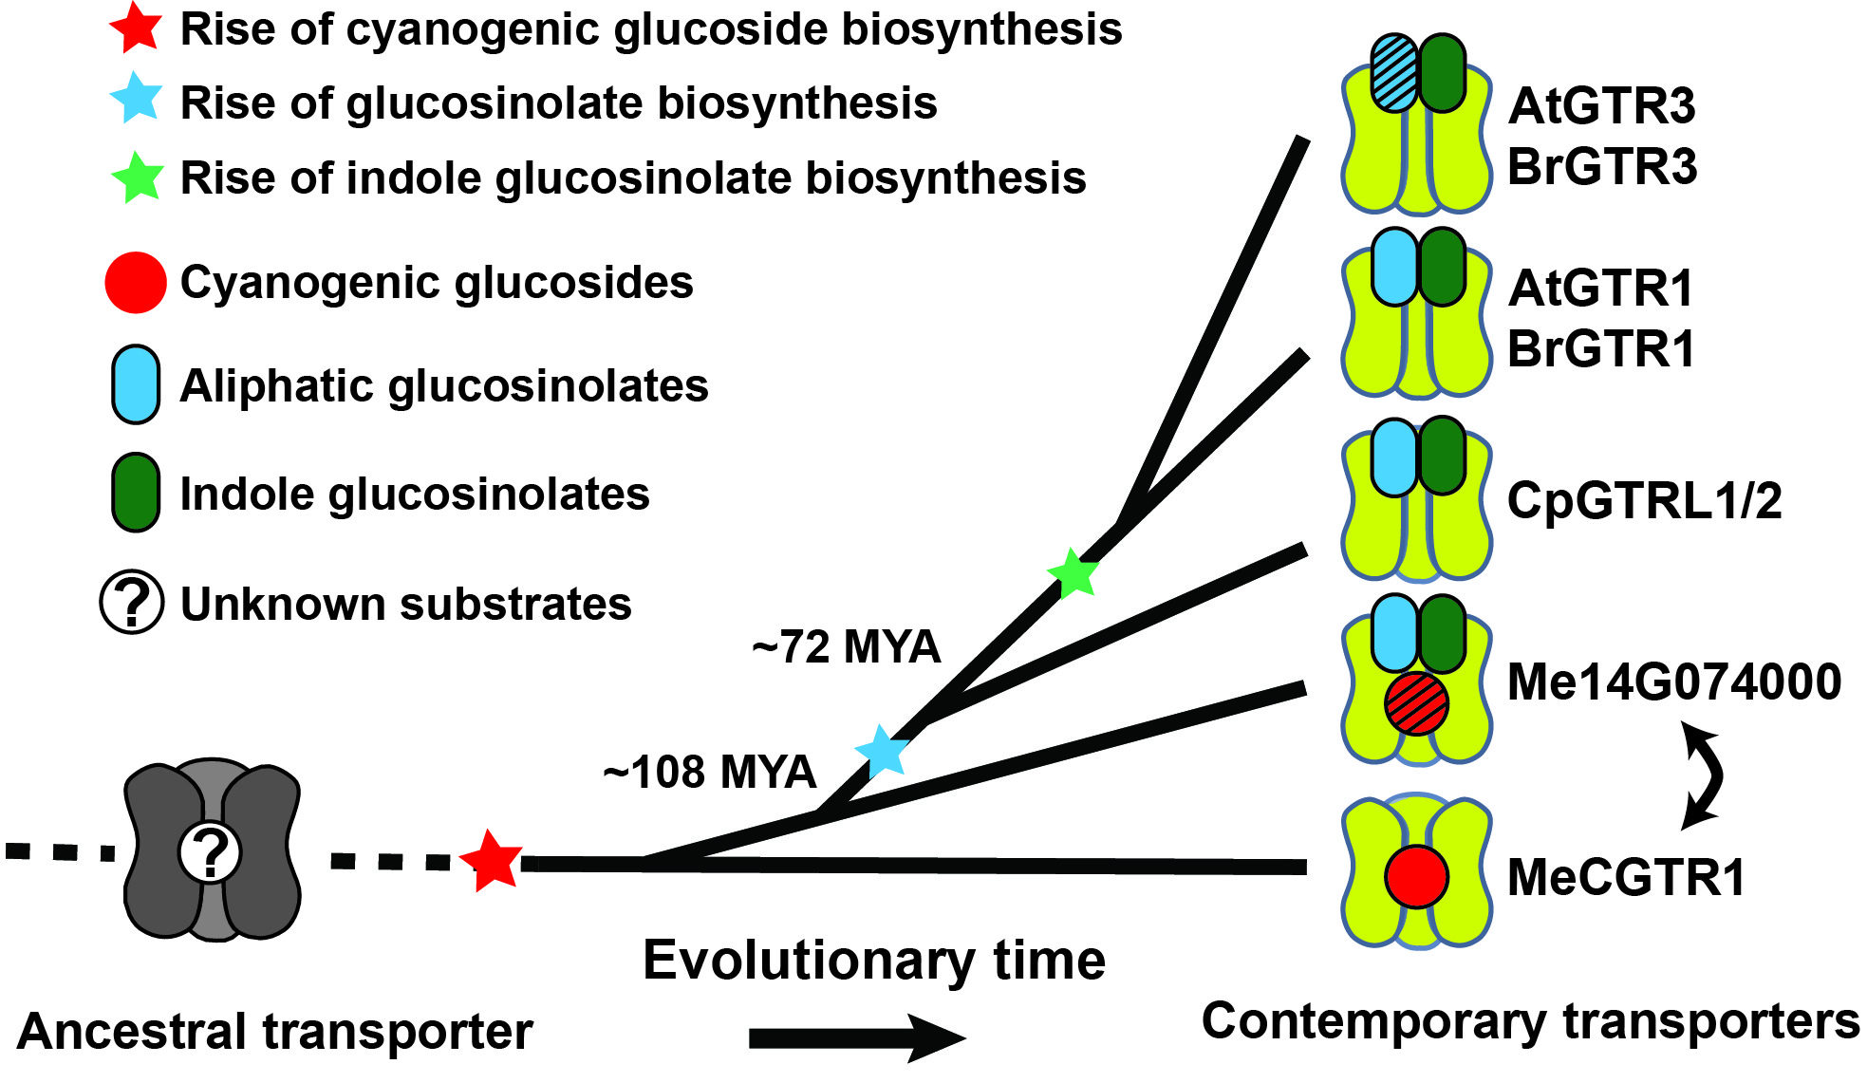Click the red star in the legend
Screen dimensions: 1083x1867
137,28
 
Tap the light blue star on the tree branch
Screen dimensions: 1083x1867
883,752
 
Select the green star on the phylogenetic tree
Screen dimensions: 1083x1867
1074,573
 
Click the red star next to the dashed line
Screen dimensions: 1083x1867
492,860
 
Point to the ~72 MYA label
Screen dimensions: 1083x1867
846,647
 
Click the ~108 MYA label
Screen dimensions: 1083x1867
709,772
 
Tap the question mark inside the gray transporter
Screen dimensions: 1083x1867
211,852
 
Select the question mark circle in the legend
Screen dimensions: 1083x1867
133,602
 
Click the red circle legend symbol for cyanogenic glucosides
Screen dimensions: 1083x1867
136,283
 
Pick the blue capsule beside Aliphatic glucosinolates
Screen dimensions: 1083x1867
136,384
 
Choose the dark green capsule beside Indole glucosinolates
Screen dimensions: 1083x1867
136,493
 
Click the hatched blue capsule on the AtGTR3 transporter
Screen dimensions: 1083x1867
1395,73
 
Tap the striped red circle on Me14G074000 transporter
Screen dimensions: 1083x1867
1416,703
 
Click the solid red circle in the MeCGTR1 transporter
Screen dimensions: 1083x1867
1416,876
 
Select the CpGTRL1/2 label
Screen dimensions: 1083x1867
1644,500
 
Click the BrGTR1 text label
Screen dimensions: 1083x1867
1601,348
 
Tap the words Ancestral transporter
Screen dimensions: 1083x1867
275,1032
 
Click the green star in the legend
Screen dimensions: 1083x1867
139,177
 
